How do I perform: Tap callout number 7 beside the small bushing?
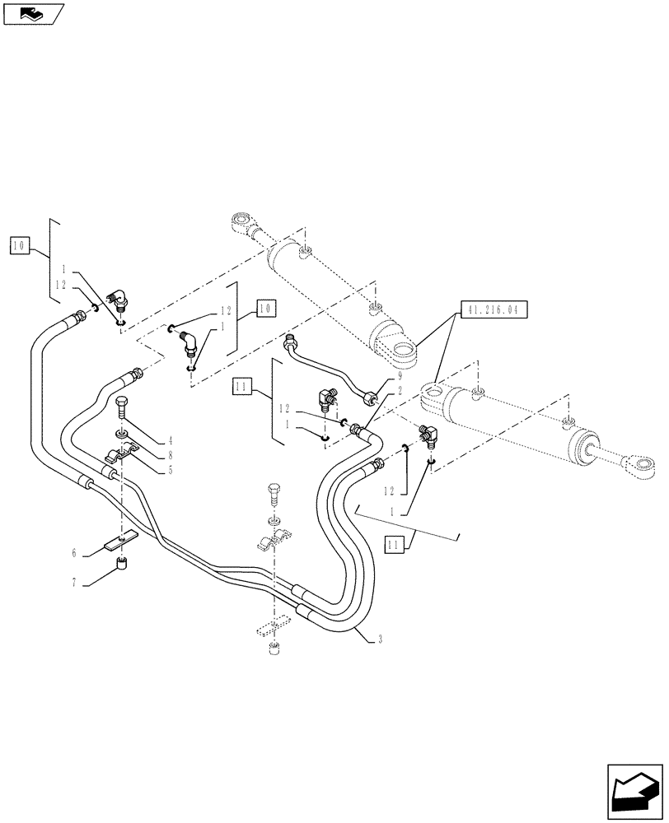point(73,583)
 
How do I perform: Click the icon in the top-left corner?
point(33,13)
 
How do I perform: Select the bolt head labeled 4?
point(124,403)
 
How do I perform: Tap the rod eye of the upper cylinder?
point(241,223)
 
